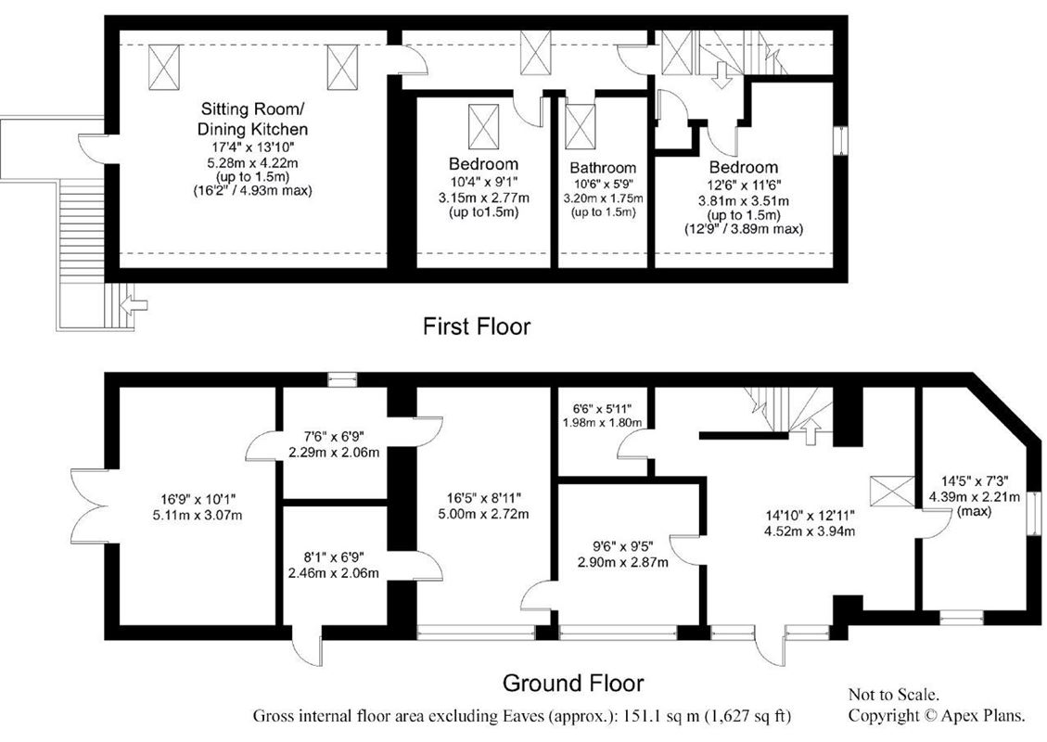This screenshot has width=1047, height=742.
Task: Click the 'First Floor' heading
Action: (477, 326)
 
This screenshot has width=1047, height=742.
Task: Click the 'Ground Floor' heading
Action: (572, 684)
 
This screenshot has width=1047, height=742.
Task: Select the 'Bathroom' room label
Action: (603, 168)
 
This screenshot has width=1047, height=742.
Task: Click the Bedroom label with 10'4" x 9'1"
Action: (483, 164)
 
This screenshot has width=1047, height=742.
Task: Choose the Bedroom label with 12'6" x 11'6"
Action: (743, 168)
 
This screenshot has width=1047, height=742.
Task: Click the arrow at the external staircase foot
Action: (135, 302)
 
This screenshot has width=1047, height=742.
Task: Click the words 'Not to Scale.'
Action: (894, 695)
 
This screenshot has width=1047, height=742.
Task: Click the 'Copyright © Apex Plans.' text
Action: (937, 716)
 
